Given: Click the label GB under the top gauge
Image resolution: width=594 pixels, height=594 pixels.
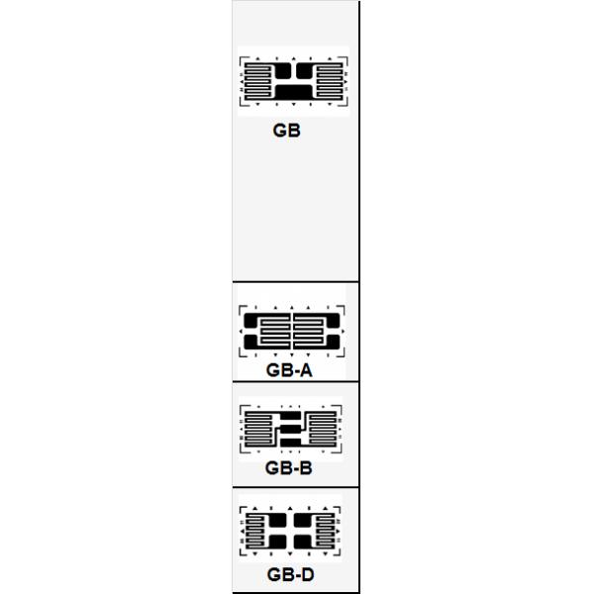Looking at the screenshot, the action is coord(286,131).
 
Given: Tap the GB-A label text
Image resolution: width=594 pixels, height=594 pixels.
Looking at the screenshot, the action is coord(289,370).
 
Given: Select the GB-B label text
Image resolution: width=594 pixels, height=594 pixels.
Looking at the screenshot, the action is coord(289,468).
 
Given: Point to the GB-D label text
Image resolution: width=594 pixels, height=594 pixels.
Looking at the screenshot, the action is coord(290,574).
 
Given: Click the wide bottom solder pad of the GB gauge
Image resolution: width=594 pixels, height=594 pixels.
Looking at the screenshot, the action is coord(294,92).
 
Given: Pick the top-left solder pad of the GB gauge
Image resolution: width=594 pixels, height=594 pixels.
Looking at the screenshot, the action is coord(282,70).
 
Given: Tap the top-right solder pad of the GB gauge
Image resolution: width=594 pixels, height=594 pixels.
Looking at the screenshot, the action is coord(305,70).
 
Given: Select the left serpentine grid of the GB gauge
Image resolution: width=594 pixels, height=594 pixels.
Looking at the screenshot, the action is coord(257,80).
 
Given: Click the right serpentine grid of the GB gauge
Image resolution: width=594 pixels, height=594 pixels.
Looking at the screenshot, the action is coord(330,80).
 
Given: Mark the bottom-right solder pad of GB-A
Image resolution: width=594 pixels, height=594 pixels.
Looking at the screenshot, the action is coord(332,343).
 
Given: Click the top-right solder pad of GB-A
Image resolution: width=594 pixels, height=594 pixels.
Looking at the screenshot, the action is coord(332,321).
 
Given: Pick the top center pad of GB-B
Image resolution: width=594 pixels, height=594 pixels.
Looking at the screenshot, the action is coord(291,416).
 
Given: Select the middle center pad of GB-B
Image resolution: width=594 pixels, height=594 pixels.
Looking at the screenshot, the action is coord(291,429).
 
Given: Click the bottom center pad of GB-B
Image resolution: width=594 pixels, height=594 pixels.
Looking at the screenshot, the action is coord(291,443).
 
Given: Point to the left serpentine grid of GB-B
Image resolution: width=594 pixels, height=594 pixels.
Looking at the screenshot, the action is coord(258,429).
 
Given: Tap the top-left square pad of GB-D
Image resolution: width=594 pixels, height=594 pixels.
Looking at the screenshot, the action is coord(277,521).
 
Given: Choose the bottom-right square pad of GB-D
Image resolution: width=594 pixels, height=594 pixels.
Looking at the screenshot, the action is coord(302,543).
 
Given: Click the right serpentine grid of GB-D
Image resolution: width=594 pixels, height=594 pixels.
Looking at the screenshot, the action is coord(323,531).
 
